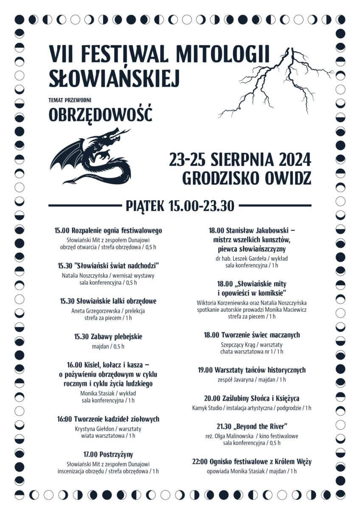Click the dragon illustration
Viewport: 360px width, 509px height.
pos(91,156)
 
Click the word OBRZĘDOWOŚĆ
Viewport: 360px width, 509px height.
pos(100,115)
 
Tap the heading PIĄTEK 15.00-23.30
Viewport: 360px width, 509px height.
pos(180,206)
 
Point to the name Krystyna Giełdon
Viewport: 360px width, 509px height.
pos(94,429)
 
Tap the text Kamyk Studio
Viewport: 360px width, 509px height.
pos(207,408)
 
